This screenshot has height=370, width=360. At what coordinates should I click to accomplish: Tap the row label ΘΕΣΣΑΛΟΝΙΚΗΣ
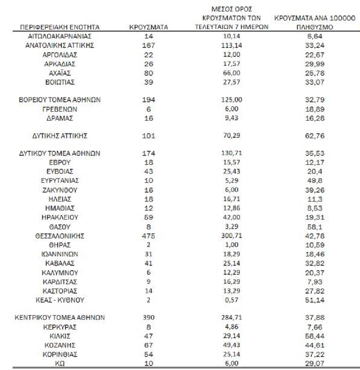pos(60,236)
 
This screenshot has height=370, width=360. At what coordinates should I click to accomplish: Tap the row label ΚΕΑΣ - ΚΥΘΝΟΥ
pos(60,300)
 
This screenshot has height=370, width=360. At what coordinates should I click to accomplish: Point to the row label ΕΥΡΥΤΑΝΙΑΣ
pos(60,180)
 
